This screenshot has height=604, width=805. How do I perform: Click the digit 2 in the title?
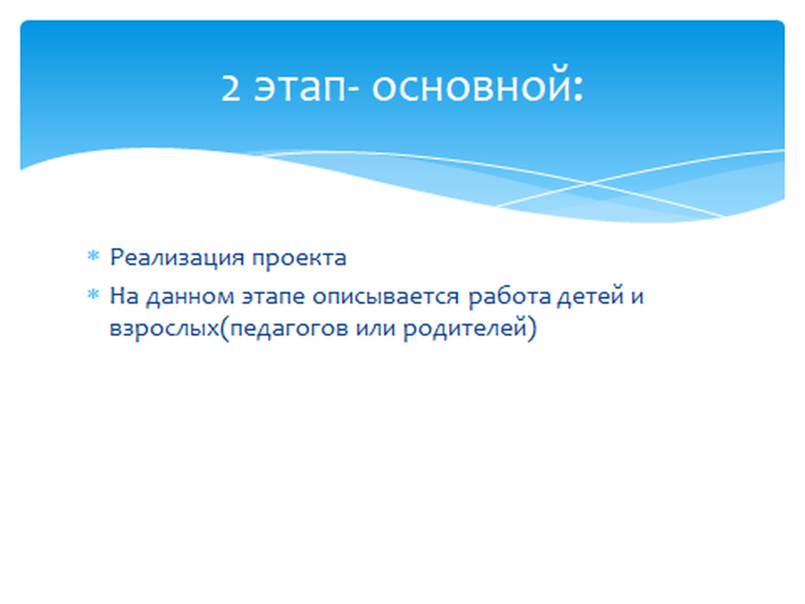pyautogui.click(x=230, y=87)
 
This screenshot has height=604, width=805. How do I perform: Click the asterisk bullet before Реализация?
pyautogui.click(x=93, y=256)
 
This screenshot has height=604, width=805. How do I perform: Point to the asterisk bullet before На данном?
pyautogui.click(x=93, y=294)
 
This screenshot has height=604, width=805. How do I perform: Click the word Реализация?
pyautogui.click(x=177, y=258)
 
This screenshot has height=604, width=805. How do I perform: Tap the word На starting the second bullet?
pyautogui.click(x=124, y=296)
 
